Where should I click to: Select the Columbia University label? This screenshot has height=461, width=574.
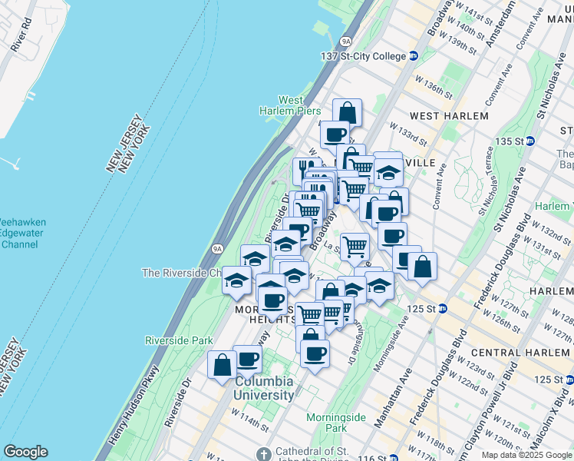[264, 389]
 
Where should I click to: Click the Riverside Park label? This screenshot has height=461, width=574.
[179, 340]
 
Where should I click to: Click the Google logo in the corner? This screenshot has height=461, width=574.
[25, 452]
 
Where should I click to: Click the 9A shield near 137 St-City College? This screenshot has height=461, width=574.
[346, 41]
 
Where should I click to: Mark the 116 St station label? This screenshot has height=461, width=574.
[371, 458]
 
